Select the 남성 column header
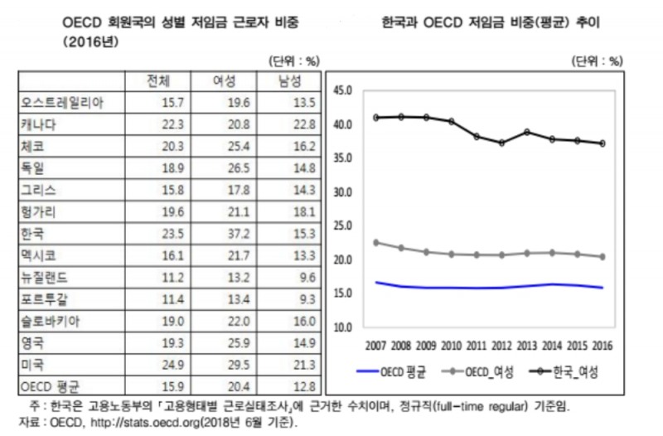[290, 81]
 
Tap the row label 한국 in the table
[31, 233]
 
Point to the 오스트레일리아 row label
[60, 103]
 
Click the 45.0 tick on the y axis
[342, 90]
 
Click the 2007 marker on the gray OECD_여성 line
[376, 243]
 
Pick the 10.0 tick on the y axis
[342, 327]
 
